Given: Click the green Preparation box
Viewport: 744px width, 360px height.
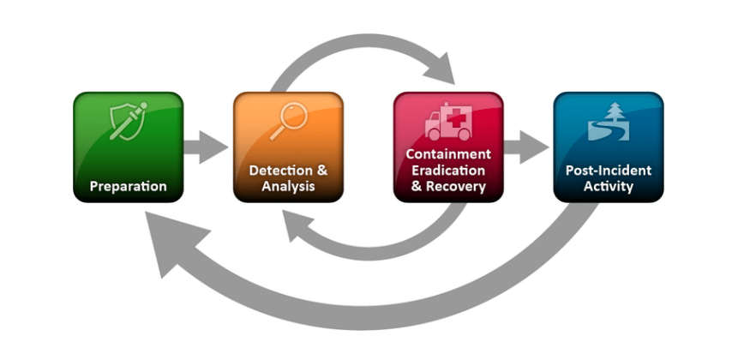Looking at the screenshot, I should pyautogui.click(x=128, y=147).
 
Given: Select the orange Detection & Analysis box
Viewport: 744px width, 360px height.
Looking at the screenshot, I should pyautogui.click(x=288, y=147).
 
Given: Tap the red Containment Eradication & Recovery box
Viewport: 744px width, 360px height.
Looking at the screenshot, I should pyautogui.click(x=448, y=147).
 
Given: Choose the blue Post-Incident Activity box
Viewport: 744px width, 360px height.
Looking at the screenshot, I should pyautogui.click(x=608, y=147).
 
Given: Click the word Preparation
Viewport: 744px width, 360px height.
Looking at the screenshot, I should pyautogui.click(x=128, y=186).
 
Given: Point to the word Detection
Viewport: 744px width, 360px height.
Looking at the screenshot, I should pyautogui.click(x=275, y=171).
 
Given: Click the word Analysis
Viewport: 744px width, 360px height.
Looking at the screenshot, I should pyautogui.click(x=288, y=186).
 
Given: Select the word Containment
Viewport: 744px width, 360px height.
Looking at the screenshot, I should pyautogui.click(x=448, y=154).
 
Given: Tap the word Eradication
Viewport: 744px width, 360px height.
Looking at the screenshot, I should pyautogui.click(x=448, y=170).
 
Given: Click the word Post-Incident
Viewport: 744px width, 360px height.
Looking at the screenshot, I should pyautogui.click(x=608, y=171).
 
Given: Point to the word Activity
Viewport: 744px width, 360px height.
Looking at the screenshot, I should pyautogui.click(x=608, y=186).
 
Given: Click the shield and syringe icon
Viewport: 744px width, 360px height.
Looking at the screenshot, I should pyautogui.click(x=128, y=121).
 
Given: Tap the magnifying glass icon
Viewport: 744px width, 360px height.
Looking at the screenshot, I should pyautogui.click(x=287, y=121).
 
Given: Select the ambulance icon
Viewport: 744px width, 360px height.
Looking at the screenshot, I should pyautogui.click(x=447, y=122).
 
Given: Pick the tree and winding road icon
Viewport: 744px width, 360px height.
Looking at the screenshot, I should pyautogui.click(x=608, y=122).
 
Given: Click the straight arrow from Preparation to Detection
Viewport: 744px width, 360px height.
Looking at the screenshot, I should pyautogui.click(x=206, y=147).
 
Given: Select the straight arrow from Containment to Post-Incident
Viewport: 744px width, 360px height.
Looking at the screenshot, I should pyautogui.click(x=526, y=147).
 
